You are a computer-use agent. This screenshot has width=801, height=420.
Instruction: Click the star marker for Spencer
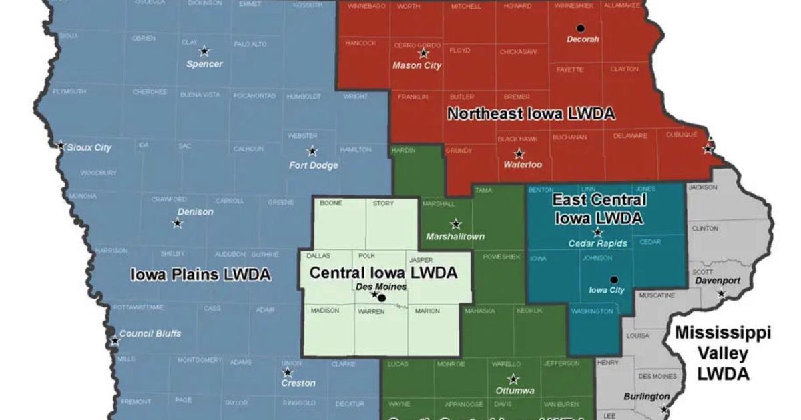[204, 51]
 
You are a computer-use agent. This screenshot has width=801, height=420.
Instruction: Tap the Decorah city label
[583, 39]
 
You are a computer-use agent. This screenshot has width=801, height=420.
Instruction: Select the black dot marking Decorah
[581, 28]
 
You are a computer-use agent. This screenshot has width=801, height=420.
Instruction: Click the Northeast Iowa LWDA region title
[531, 114]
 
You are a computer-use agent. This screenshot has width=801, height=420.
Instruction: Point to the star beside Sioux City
[61, 145]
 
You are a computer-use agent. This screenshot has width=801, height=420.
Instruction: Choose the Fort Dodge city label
[313, 165]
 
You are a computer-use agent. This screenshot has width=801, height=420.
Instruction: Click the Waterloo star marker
[519, 154]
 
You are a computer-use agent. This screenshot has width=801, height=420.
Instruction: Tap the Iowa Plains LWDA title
[200, 275]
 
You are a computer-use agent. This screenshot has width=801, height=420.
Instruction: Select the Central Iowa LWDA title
[383, 273]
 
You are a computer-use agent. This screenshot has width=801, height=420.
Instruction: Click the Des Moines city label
[382, 287]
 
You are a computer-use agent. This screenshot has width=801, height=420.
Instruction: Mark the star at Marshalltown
[456, 224]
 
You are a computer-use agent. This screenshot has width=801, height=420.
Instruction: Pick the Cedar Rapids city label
[597, 244]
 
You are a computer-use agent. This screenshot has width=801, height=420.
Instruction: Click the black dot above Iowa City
[614, 280]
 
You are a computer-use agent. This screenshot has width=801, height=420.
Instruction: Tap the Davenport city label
[718, 281]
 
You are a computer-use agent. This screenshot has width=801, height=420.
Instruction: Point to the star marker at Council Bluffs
[115, 341]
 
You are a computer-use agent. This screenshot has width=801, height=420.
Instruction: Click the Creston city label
[298, 383]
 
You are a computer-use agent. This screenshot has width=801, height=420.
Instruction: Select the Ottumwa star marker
[513, 379]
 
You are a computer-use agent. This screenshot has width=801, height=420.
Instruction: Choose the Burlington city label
[646, 397]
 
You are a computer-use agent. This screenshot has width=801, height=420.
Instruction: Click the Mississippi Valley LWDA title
[722, 353]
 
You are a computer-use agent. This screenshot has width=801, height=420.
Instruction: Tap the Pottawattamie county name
[138, 307]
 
